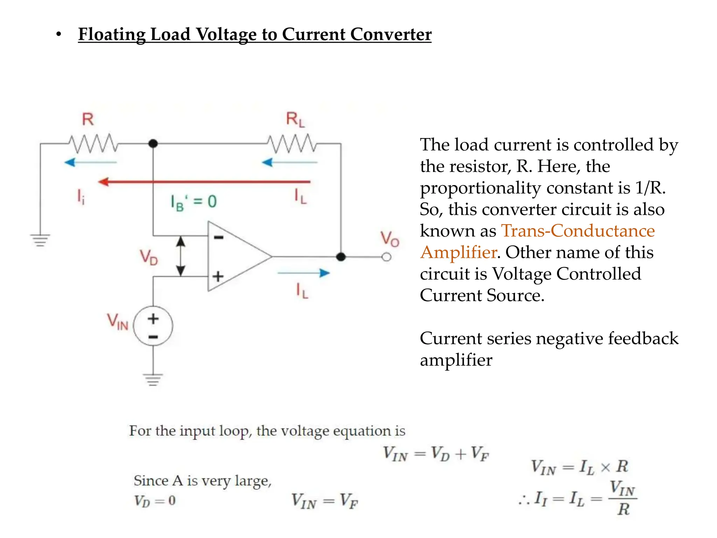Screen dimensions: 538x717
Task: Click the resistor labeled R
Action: (93, 143)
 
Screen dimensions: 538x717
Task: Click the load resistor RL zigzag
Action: (292, 143)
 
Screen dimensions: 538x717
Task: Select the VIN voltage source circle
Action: (153, 326)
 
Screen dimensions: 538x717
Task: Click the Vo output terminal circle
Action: (387, 257)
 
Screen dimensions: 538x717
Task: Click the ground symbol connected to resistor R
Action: (40, 240)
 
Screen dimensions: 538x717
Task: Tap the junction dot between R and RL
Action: (153, 143)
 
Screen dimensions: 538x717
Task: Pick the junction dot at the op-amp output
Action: (341, 257)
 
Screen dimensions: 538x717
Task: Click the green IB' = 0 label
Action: (194, 202)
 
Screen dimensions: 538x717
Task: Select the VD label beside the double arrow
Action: (149, 257)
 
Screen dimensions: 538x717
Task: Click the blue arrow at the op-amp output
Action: (304, 273)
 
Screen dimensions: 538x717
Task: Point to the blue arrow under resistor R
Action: (91, 163)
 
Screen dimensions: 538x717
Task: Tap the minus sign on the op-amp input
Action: (218, 237)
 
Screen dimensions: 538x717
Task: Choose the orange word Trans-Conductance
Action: (578, 231)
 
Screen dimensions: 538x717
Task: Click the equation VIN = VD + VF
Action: (436, 454)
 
